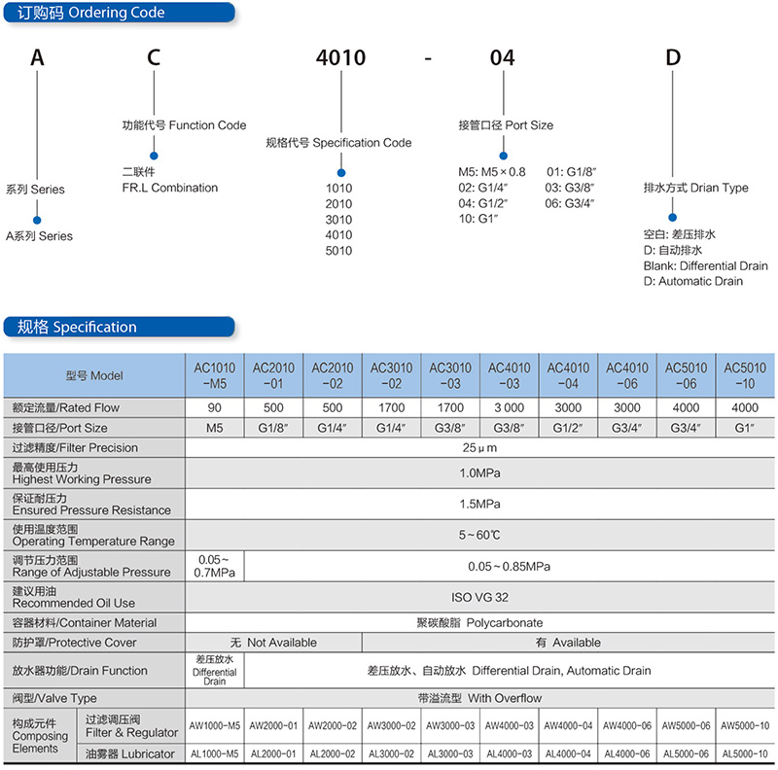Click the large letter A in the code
point(37,57)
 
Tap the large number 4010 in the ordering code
point(341,58)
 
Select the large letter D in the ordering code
point(673,57)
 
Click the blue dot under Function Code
point(154,156)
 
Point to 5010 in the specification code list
point(338,251)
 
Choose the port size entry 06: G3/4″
point(570,203)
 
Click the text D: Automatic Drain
point(693,281)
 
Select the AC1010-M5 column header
point(214,375)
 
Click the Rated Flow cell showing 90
point(214,407)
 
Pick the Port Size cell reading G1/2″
point(568,428)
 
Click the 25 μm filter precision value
point(479,448)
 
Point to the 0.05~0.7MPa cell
point(214,566)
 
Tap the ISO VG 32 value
point(479,597)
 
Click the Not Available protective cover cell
point(273,643)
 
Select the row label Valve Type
point(54,699)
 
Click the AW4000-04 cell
point(568,726)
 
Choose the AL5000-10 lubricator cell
point(745,754)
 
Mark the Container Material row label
point(85,622)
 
